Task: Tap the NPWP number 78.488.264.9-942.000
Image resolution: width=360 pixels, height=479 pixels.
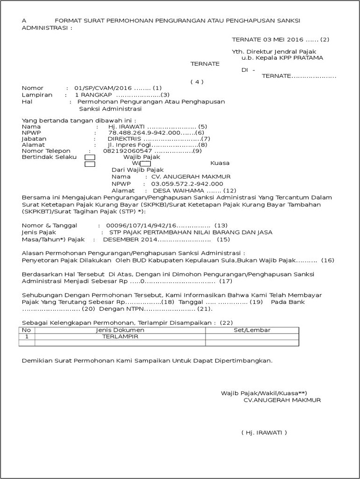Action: [x=144, y=133]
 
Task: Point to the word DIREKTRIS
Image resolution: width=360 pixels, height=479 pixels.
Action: [x=125, y=139]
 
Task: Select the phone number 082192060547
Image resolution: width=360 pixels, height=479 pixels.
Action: [x=127, y=151]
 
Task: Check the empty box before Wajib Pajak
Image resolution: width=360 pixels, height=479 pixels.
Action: [x=90, y=157]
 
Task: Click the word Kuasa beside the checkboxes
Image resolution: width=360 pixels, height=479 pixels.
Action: [x=220, y=164]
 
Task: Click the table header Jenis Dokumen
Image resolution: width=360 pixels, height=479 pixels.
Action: [x=120, y=330]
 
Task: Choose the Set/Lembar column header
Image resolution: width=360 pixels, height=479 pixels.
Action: [x=252, y=330]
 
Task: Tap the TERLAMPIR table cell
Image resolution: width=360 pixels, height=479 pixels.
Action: [x=120, y=336]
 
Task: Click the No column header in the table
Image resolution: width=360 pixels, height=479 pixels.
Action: [x=27, y=330]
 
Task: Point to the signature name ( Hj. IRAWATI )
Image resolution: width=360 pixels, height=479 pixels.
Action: [x=264, y=432]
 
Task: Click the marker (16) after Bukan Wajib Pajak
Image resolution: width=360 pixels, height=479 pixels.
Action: [x=328, y=260]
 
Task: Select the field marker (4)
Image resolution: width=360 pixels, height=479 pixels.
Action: [x=197, y=82]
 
